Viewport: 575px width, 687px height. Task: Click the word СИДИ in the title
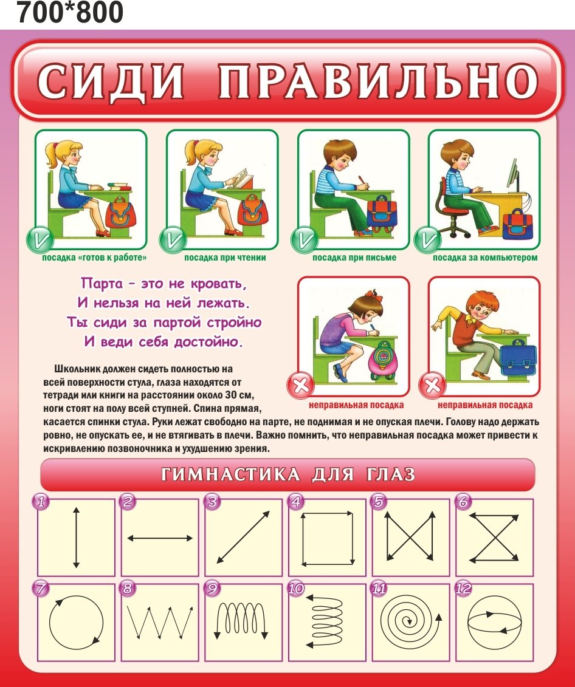click(111, 81)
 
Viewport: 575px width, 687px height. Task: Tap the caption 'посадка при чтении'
click(225, 258)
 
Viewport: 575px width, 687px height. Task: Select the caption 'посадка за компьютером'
click(485, 258)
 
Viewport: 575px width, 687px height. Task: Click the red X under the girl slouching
click(301, 386)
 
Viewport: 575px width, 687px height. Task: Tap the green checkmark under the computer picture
click(427, 240)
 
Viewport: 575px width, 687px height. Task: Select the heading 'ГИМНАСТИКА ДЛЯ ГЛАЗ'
click(287, 474)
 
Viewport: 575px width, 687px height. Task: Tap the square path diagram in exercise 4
click(328, 538)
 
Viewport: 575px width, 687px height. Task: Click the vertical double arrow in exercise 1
click(77, 537)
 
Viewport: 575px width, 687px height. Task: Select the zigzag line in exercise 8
click(160, 622)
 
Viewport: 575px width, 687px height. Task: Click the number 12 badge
click(463, 587)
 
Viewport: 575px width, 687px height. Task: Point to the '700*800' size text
click(70, 12)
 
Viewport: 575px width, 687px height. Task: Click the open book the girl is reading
click(241, 179)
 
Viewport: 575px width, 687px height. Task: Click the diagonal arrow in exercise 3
click(243, 537)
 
